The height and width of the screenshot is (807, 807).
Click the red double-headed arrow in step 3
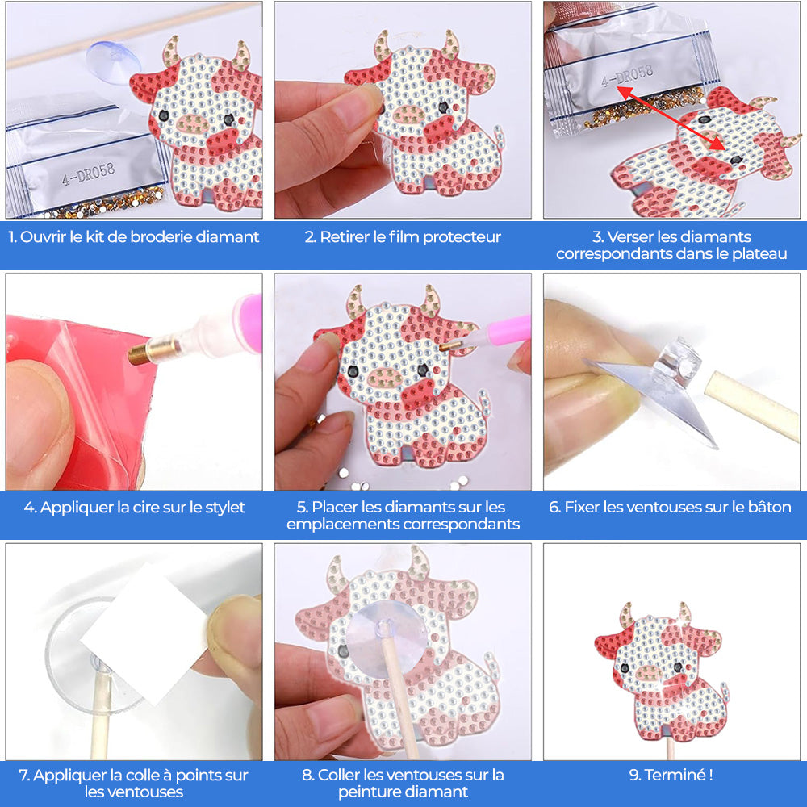click(x=671, y=119)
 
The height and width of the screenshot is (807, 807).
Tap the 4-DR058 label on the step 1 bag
click(x=88, y=174)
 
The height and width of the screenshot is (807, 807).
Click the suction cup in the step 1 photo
click(x=113, y=62)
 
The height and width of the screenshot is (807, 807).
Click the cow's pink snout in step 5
click(x=385, y=378)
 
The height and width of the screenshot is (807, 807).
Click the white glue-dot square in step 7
click(x=144, y=633)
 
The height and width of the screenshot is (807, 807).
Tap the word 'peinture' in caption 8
click(x=370, y=792)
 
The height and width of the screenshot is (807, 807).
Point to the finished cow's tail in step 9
click(x=724, y=692)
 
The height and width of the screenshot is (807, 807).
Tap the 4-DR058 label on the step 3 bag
click(x=628, y=76)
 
